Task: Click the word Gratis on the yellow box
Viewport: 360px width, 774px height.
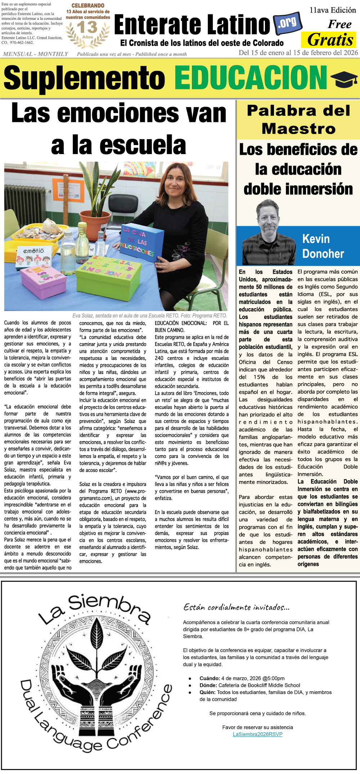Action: coord(330,40)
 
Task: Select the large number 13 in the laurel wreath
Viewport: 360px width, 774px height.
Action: coord(87,27)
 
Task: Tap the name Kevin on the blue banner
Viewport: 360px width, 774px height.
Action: coord(316,239)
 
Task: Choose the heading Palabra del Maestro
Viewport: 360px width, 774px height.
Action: coord(298,120)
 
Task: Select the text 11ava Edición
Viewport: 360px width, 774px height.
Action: coord(333,10)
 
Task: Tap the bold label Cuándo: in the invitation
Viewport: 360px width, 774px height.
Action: coord(210,678)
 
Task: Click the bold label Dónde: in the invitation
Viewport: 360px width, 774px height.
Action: coord(208,685)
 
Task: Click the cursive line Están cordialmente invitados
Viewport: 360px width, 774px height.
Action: coord(236,607)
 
